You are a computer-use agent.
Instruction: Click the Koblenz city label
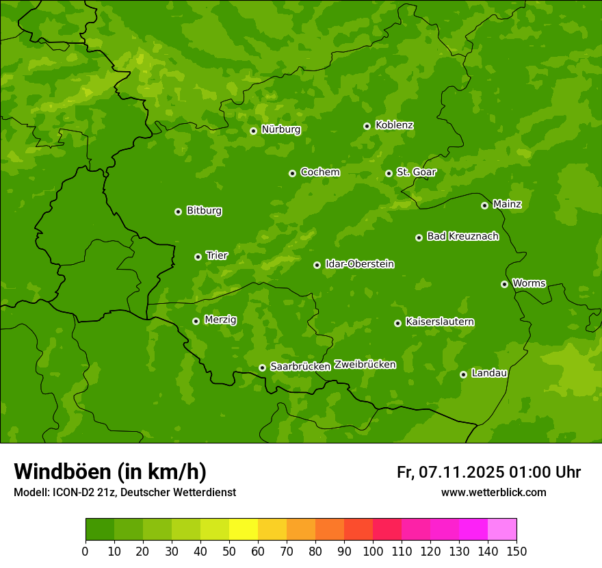[394, 125]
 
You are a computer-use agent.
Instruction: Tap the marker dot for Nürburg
[253, 131]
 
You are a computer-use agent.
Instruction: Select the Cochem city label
[319, 172]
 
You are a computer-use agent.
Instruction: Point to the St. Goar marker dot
[389, 173]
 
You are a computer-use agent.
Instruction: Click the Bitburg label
[204, 211]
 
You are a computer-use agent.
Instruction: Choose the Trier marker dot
[198, 257]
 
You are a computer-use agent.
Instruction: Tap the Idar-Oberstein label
[359, 264]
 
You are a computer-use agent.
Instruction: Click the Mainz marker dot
[484, 205]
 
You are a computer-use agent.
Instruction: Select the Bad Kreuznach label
[462, 237]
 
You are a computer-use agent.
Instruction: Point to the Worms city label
[529, 283]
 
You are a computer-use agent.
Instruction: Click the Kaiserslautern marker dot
[397, 323]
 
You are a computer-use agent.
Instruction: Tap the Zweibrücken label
[365, 365]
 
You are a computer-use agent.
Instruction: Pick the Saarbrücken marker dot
[262, 367]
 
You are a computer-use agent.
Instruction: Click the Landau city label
[489, 374]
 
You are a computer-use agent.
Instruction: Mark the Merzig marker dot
[196, 321]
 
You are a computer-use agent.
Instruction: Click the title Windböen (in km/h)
[110, 472]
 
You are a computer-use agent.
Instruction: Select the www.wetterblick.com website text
[493, 492]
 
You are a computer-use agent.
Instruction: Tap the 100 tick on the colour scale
[373, 551]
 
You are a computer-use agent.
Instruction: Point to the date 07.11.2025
[462, 472]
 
